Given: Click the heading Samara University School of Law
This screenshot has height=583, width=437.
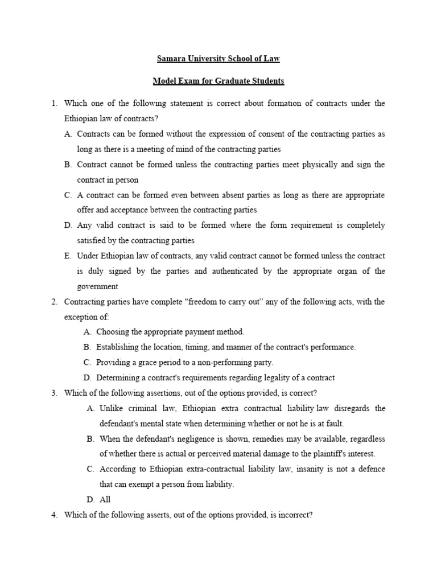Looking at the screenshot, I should click(218, 59).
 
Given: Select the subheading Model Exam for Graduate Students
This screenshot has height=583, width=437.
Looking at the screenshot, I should click(218, 81).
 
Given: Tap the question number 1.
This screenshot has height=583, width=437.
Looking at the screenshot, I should click(54, 103).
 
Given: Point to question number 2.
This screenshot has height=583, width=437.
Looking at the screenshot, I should click(54, 301).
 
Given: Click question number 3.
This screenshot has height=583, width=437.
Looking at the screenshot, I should click(54, 393).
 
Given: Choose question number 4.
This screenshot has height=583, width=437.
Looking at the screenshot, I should click(54, 515).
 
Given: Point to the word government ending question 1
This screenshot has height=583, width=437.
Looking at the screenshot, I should click(98, 286).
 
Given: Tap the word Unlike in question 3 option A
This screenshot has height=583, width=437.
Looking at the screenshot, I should click(111, 408).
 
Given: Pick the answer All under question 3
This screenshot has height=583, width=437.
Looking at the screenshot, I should click(105, 499).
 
